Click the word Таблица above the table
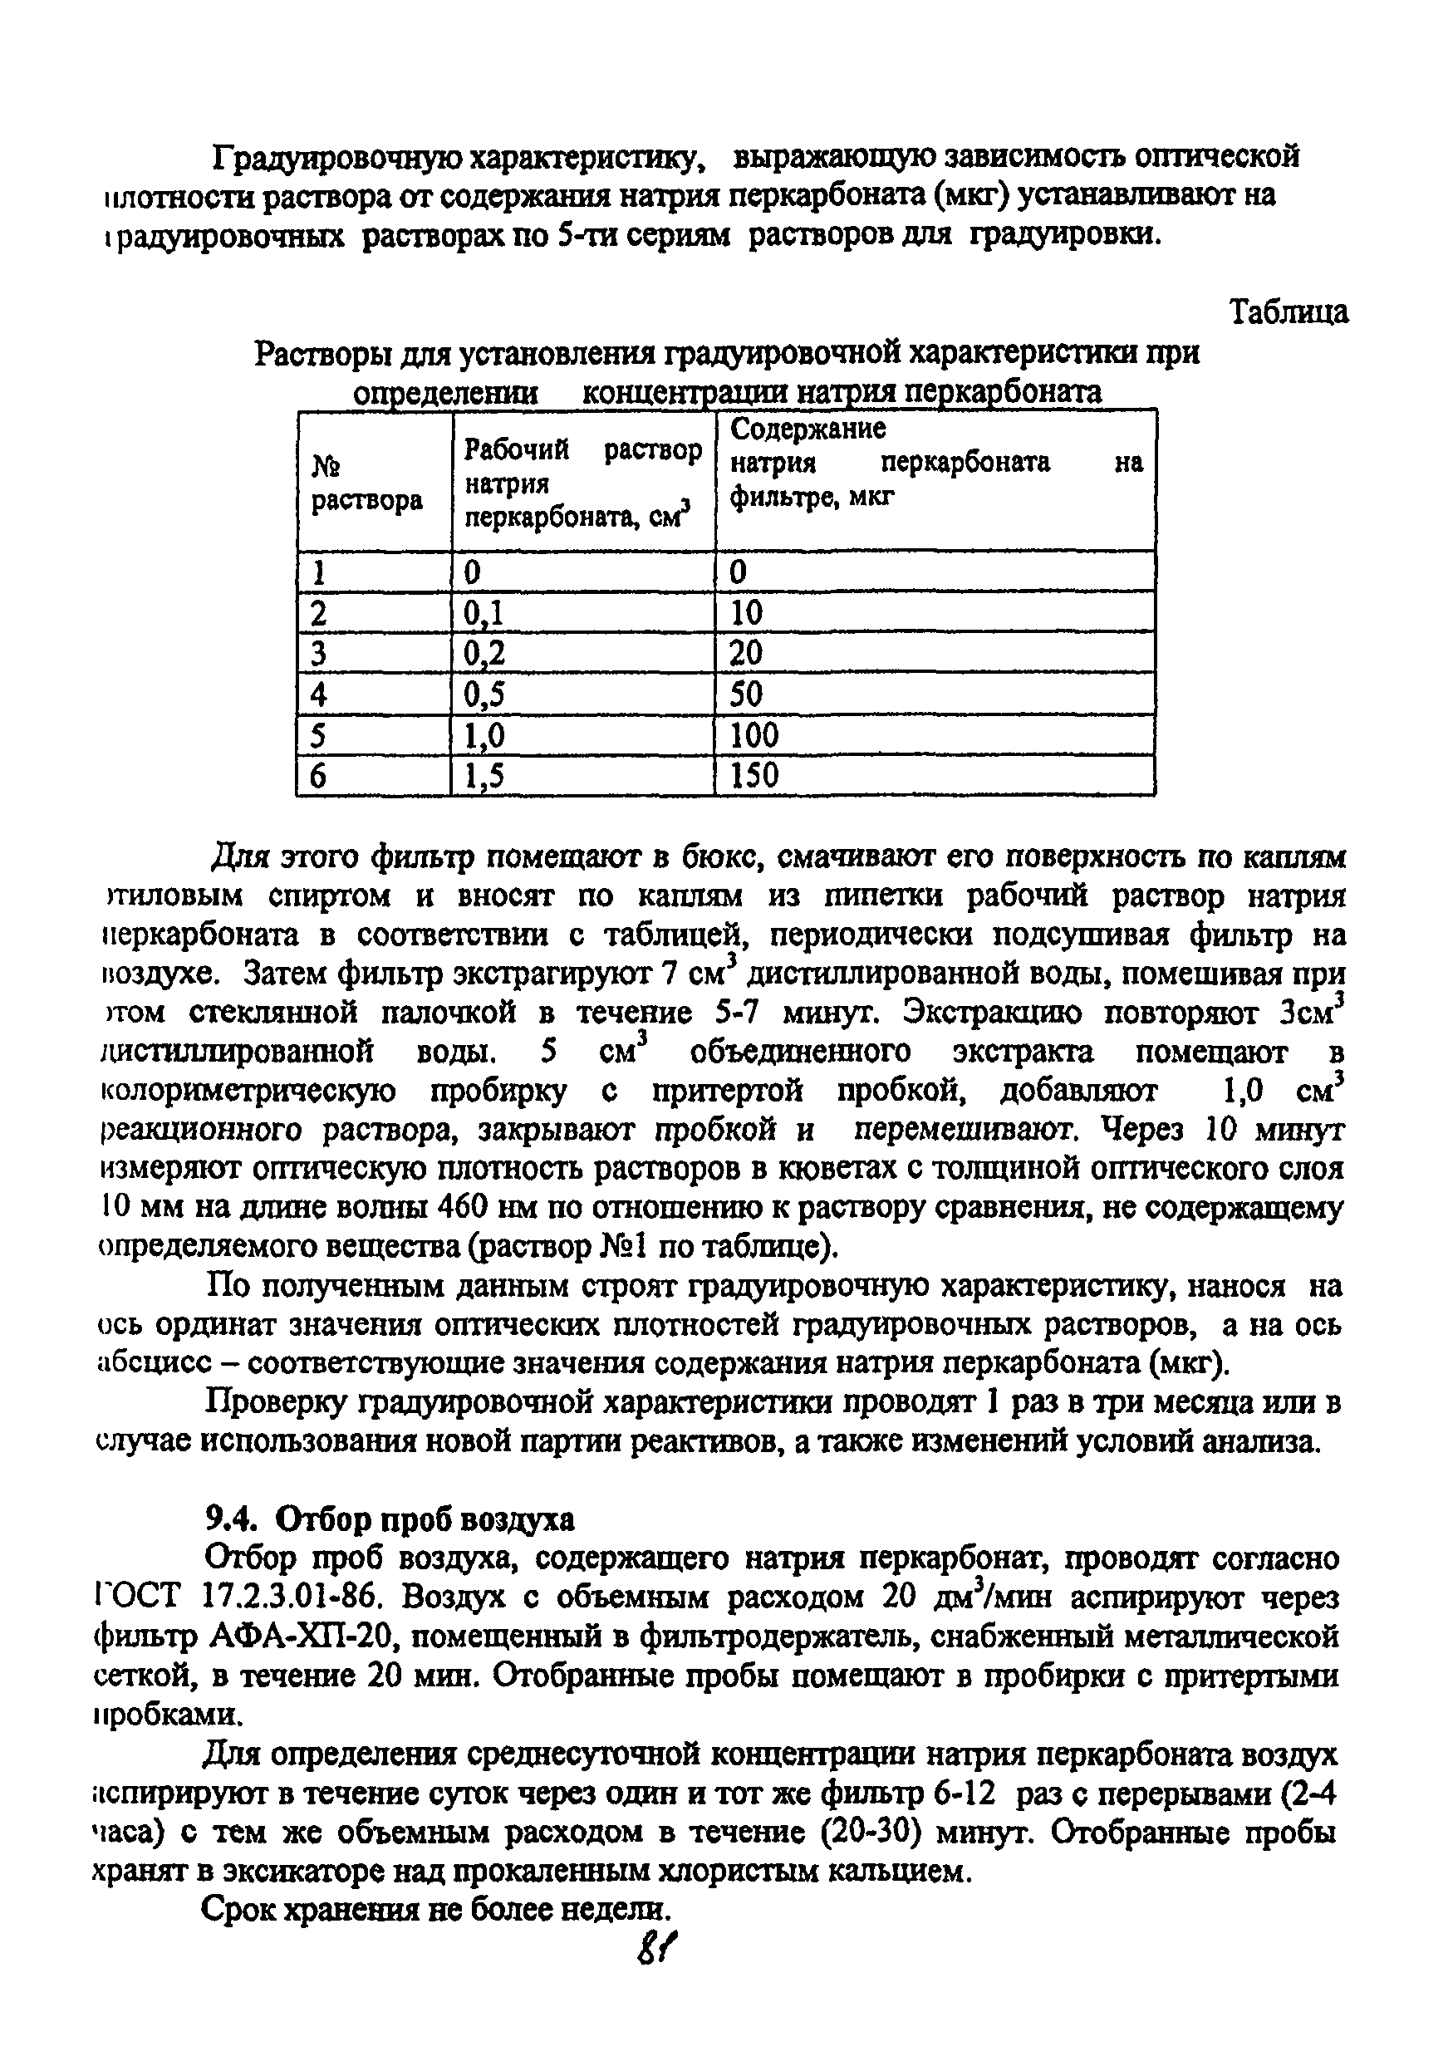click(x=1288, y=312)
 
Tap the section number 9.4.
click(x=232, y=1518)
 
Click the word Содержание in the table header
click(x=807, y=429)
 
